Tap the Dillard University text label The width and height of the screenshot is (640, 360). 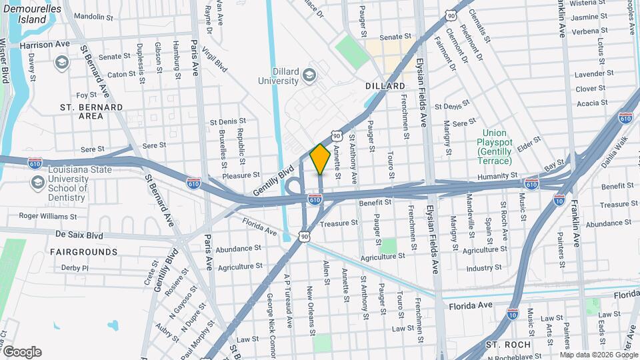(279, 75)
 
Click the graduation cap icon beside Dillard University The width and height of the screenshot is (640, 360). (309, 75)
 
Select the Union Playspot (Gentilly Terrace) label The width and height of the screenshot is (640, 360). (494, 147)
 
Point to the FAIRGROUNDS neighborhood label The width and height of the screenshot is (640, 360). (83, 252)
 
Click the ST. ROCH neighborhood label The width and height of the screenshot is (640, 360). (508, 345)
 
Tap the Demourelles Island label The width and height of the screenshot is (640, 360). (33, 14)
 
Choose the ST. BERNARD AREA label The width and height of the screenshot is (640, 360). (91, 111)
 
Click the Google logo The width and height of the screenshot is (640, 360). (21, 352)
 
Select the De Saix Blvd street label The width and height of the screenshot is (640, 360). (79, 235)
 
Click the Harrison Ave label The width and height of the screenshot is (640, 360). (45, 45)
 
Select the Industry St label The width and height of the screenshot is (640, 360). (484, 268)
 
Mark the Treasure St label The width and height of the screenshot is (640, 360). (335, 224)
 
